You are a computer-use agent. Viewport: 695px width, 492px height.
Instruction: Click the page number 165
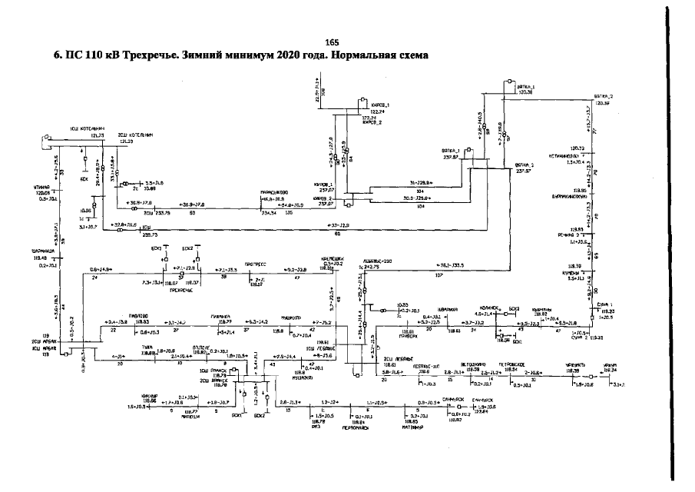point(331,42)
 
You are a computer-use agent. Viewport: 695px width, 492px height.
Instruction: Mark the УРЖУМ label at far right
point(610,366)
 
